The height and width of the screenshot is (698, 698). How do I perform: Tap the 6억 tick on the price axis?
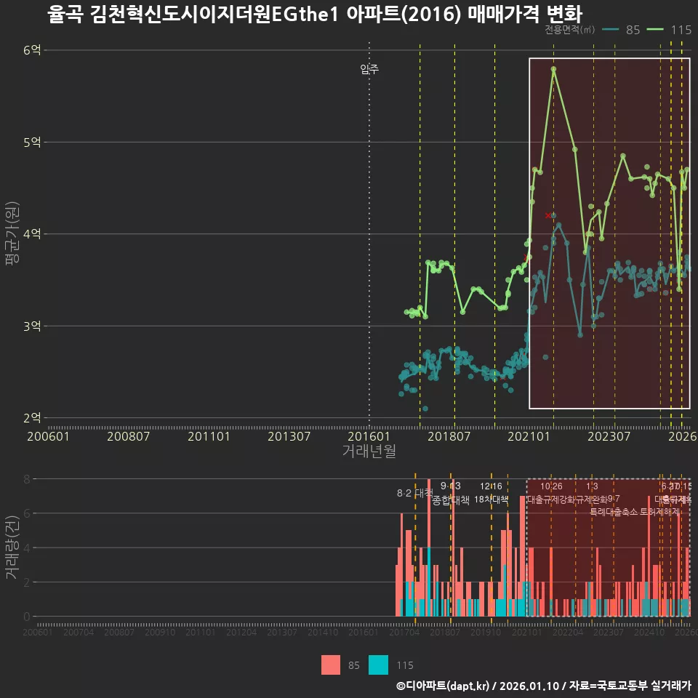(x=31, y=50)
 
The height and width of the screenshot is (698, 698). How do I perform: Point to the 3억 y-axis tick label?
(x=31, y=326)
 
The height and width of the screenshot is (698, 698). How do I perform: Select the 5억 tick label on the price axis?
(x=31, y=143)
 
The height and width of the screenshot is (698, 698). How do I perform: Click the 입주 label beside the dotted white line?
(x=369, y=70)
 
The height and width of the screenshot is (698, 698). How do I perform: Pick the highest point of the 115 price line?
(x=553, y=69)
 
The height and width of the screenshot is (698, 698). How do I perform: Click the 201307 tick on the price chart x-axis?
(x=289, y=436)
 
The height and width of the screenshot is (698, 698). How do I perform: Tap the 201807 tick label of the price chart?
(x=448, y=436)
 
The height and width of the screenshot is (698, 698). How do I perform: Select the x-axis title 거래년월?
(x=369, y=451)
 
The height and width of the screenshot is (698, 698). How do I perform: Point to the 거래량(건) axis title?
(x=12, y=547)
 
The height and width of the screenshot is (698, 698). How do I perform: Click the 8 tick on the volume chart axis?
(x=26, y=479)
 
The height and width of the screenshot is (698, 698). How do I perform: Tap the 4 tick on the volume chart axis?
(x=26, y=547)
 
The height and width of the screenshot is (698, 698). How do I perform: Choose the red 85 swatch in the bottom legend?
(x=331, y=665)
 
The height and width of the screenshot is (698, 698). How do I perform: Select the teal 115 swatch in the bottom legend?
(x=378, y=665)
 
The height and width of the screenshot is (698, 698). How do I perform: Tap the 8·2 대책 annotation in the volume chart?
(x=414, y=493)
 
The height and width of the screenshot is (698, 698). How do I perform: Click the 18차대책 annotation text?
(x=492, y=500)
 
